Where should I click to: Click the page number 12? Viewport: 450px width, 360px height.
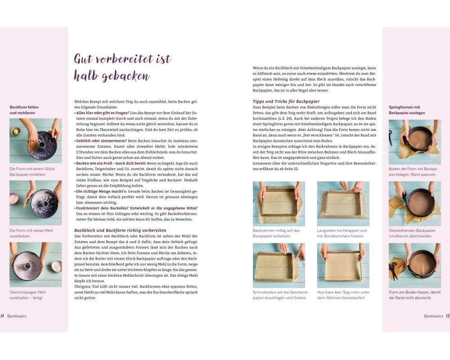click(x=2, y=316)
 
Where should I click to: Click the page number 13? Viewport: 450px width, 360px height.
click(x=448, y=316)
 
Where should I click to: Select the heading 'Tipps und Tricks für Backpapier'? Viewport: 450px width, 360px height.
click(x=286, y=101)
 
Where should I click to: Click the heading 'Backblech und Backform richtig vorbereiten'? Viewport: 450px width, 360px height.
click(x=120, y=230)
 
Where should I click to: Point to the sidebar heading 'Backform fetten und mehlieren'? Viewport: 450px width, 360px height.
click(x=24, y=110)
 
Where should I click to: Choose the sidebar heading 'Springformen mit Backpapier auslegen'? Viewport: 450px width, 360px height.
click(x=407, y=110)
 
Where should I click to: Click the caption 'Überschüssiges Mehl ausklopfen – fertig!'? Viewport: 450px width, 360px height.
click(x=27, y=295)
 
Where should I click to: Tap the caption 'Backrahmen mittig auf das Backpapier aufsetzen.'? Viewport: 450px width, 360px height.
click(x=276, y=233)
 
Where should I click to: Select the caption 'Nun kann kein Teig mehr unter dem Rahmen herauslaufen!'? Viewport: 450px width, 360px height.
click(x=343, y=295)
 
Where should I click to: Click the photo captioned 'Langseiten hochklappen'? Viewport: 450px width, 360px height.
click(x=343, y=203)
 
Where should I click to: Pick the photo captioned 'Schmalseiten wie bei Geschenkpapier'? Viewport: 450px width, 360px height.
click(x=279, y=265)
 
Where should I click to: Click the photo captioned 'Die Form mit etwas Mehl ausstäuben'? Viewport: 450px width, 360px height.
click(x=36, y=203)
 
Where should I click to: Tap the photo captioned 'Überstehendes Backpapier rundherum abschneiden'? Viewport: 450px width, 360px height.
click(x=415, y=203)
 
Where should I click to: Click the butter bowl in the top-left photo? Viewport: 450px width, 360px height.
click(x=16, y=131)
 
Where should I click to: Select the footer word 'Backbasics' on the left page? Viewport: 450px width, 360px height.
click(x=17, y=316)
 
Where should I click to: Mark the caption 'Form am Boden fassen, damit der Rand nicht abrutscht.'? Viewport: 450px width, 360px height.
click(x=415, y=295)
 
